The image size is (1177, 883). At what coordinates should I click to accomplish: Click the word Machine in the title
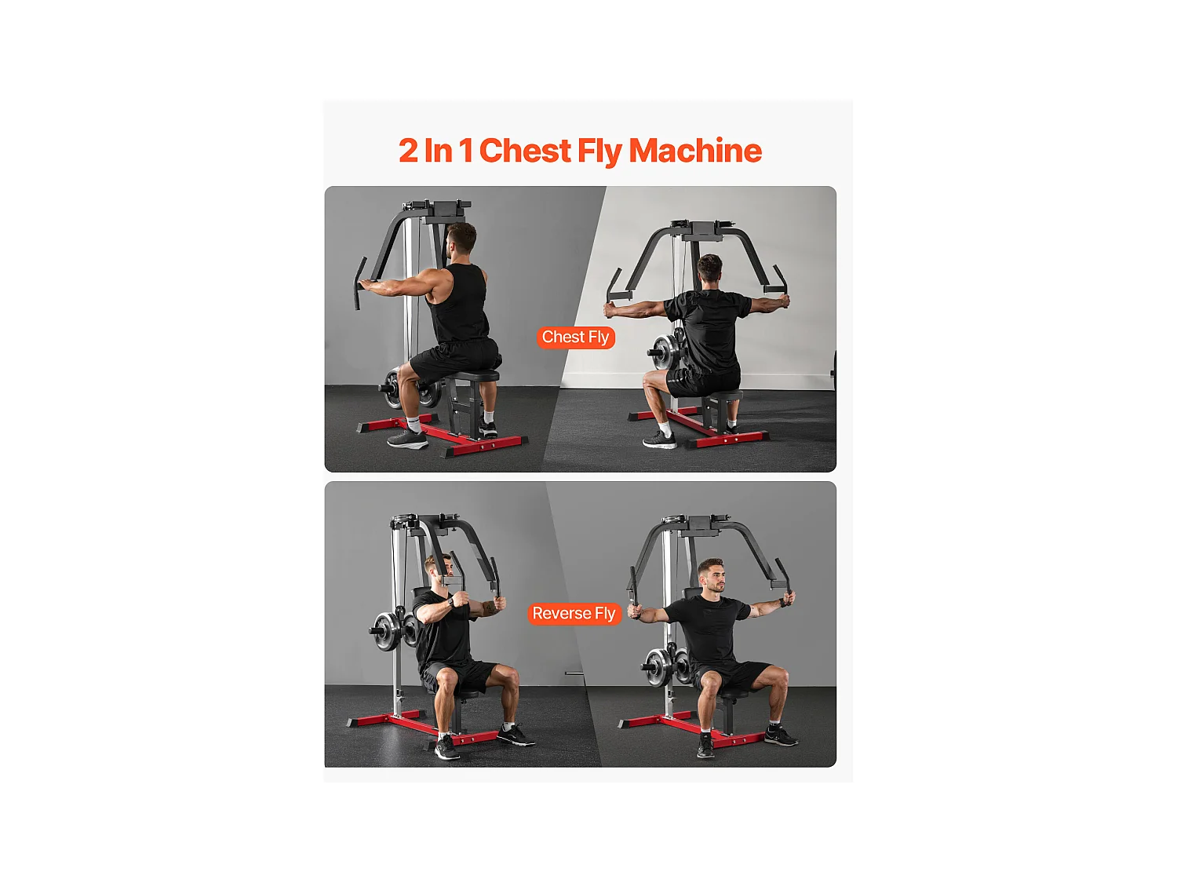point(695,151)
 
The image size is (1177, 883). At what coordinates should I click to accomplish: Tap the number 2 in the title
point(408,151)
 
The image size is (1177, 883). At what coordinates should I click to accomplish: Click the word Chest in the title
point(525,151)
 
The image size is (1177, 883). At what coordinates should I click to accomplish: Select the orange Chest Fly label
point(575,338)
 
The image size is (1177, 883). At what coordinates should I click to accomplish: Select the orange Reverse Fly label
point(574,614)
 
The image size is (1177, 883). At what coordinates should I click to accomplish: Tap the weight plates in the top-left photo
point(392,386)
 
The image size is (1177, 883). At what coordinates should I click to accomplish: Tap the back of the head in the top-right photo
point(709,269)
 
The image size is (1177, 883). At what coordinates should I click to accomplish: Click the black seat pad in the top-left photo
point(476,375)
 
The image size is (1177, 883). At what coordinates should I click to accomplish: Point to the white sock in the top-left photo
point(414,425)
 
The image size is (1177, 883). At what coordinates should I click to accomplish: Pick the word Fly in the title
point(599,151)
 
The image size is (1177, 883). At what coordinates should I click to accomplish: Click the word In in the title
point(438,151)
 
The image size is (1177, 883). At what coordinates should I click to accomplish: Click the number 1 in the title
point(466,151)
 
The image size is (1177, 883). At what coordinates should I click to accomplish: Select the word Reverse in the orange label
point(561,614)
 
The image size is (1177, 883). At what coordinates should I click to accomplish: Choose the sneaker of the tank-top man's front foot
point(407,440)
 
